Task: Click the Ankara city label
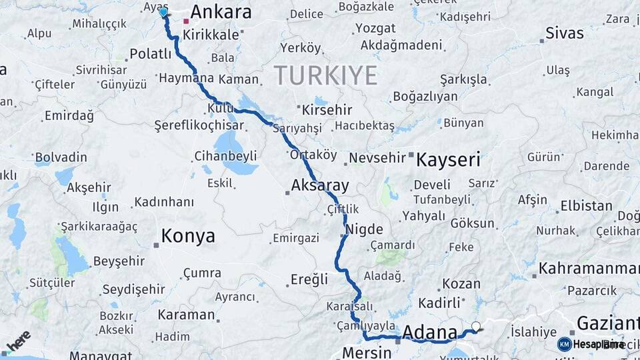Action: [x=221, y=12]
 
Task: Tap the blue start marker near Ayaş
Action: [x=163, y=11]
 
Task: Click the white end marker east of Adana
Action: [x=475, y=327]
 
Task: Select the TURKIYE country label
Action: [x=325, y=75]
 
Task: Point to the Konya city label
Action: [x=188, y=236]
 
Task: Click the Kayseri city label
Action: [x=447, y=159]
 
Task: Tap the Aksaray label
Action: [x=320, y=185]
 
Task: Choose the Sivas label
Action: [x=564, y=33]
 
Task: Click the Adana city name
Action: [x=430, y=331]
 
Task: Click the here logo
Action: [x=18, y=341]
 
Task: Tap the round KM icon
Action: [x=564, y=344]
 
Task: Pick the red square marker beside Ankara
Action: [x=186, y=21]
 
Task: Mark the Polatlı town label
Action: [x=151, y=54]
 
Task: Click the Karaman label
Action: [x=187, y=315]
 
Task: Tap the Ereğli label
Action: [x=309, y=279]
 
